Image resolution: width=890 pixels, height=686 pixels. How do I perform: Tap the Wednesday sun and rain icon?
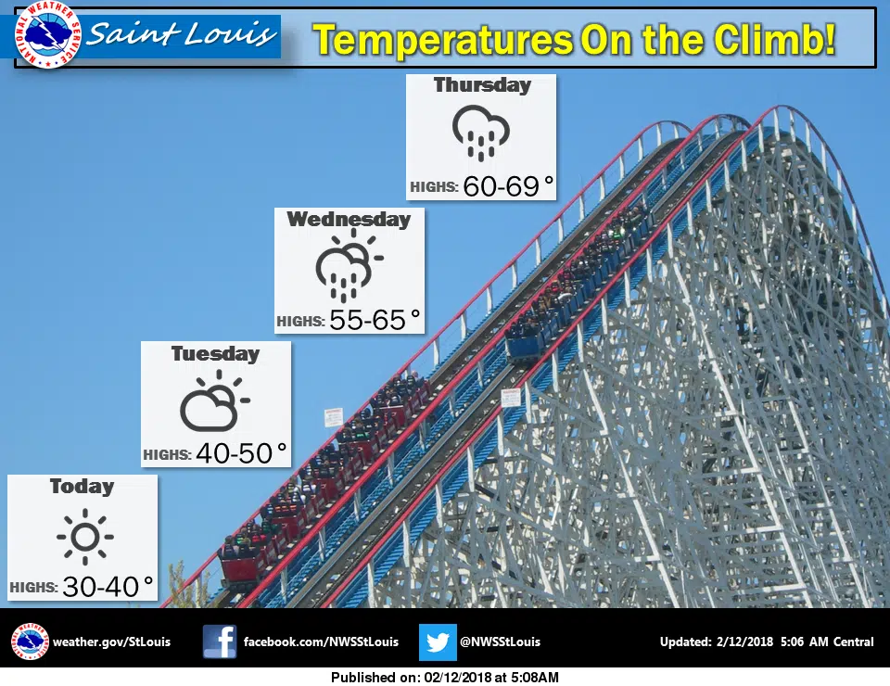click(349, 265)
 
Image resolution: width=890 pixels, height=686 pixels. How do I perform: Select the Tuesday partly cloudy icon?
click(214, 400)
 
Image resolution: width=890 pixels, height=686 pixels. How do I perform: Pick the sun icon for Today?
click(85, 537)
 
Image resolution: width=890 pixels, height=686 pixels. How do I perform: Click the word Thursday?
click(482, 85)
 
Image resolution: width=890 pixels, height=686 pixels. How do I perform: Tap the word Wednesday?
click(349, 219)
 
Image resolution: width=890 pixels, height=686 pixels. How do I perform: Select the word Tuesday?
click(216, 353)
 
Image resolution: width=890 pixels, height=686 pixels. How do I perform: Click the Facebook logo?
click(220, 642)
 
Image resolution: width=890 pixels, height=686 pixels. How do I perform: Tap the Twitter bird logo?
click(438, 642)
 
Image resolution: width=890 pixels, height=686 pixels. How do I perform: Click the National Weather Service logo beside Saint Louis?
click(47, 35)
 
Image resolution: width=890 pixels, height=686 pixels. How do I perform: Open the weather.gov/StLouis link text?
click(111, 642)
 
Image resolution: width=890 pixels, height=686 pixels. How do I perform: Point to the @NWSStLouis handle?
click(500, 642)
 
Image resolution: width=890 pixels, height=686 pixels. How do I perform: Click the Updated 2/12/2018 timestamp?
click(767, 642)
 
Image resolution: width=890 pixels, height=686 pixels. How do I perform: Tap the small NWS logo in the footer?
click(30, 642)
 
